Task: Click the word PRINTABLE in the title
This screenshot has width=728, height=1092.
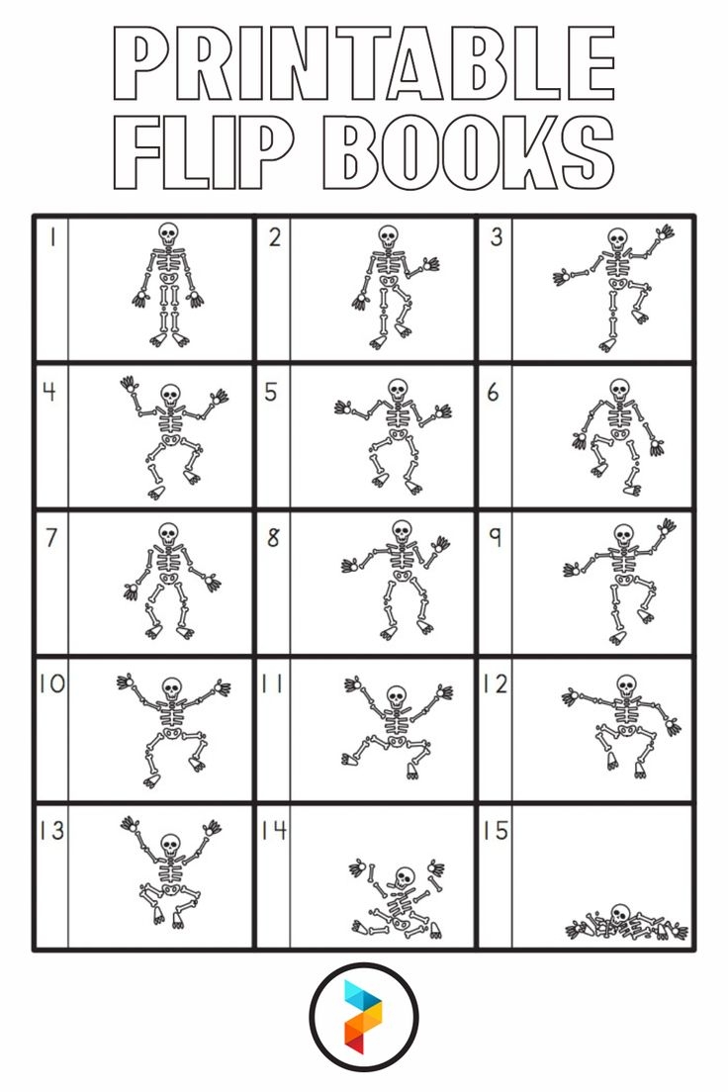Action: pyautogui.click(x=364, y=63)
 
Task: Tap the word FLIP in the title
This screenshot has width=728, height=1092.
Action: pyautogui.click(x=213, y=153)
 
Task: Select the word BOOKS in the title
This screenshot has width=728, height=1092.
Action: pyautogui.click(x=469, y=153)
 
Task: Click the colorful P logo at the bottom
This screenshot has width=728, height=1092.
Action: pyautogui.click(x=363, y=1016)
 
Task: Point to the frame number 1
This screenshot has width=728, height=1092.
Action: pyautogui.click(x=49, y=237)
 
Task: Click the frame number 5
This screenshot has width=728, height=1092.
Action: pyautogui.click(x=271, y=392)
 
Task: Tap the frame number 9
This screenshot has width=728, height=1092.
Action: pyautogui.click(x=495, y=537)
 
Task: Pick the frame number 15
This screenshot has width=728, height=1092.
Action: pyautogui.click(x=495, y=830)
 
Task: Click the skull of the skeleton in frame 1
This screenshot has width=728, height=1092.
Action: pyautogui.click(x=168, y=234)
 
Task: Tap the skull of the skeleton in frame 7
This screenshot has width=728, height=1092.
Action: pyautogui.click(x=168, y=533)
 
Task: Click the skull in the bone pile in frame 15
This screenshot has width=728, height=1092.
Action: pyautogui.click(x=620, y=914)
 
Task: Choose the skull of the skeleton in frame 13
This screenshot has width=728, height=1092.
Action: pyautogui.click(x=170, y=844)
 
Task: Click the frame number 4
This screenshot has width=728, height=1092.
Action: pyautogui.click(x=48, y=392)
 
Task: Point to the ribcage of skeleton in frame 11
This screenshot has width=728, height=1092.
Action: pyautogui.click(x=396, y=720)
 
